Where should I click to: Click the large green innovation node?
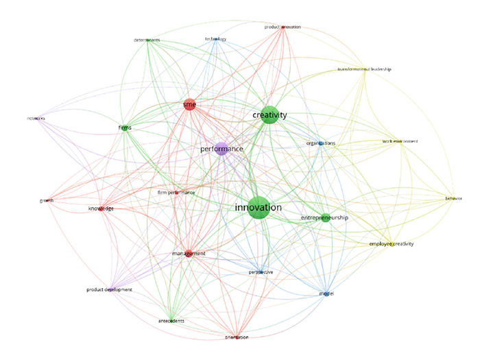coord(257,208)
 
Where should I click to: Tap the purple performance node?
coord(221,149)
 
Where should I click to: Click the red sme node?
coord(190,104)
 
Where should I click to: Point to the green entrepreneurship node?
coord(326,218)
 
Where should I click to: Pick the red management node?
coord(189,254)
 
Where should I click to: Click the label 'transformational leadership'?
coord(364,70)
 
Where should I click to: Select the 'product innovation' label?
coord(282,27)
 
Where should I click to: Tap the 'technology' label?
coord(215,39)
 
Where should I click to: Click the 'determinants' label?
coord(147,40)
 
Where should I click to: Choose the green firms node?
coord(125,128)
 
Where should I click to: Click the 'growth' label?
coord(47,201)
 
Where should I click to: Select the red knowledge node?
coord(101,208)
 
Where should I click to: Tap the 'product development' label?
coord(109,289)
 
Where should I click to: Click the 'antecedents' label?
coord(171,321)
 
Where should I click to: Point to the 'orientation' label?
coord(237,337)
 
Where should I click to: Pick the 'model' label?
coord(326,294)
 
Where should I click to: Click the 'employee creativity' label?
coord(392,244)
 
